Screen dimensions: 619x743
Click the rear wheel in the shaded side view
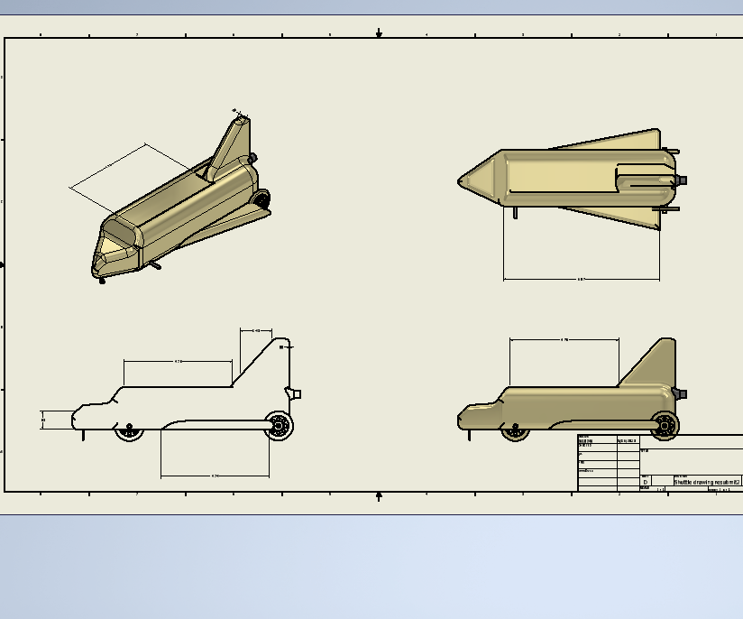[x=665, y=424]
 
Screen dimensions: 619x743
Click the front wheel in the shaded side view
[x=516, y=430]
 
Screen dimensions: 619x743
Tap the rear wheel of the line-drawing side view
[x=280, y=425]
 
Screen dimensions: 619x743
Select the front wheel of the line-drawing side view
[x=130, y=431]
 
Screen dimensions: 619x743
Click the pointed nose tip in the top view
[x=461, y=181]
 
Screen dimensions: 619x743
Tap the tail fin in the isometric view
[x=229, y=144]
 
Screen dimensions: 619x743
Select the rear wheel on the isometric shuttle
[x=261, y=199]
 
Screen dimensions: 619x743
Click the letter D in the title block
[x=645, y=483]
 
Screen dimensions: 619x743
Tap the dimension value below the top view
[x=582, y=279]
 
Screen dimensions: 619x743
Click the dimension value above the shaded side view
[x=564, y=340]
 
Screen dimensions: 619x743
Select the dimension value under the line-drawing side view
[x=215, y=476]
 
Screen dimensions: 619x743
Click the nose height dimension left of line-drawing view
[x=43, y=420]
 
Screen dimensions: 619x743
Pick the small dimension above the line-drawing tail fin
[x=256, y=331]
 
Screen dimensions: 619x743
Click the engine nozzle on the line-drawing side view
[x=295, y=393]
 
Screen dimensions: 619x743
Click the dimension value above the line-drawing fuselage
[x=178, y=361]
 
